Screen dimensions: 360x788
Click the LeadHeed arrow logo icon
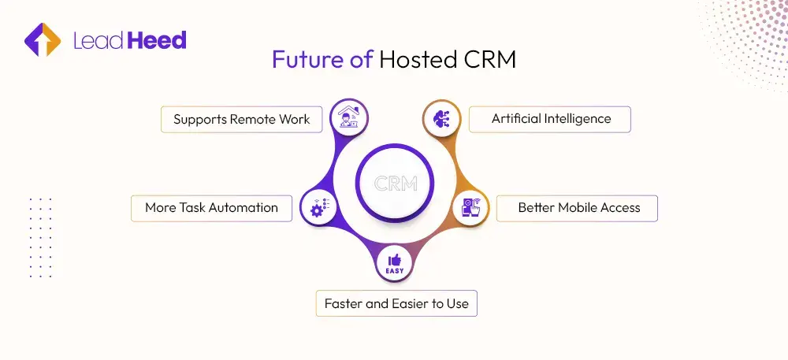click(43, 40)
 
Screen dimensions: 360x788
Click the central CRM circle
click(394, 184)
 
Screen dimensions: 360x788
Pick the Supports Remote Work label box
click(242, 120)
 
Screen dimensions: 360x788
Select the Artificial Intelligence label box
click(551, 119)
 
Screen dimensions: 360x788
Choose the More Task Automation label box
click(211, 208)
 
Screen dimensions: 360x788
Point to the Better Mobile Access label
click(578, 208)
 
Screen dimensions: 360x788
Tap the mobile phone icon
click(470, 208)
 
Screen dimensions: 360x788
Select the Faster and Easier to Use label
click(396, 304)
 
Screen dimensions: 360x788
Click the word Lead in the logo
click(98, 40)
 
